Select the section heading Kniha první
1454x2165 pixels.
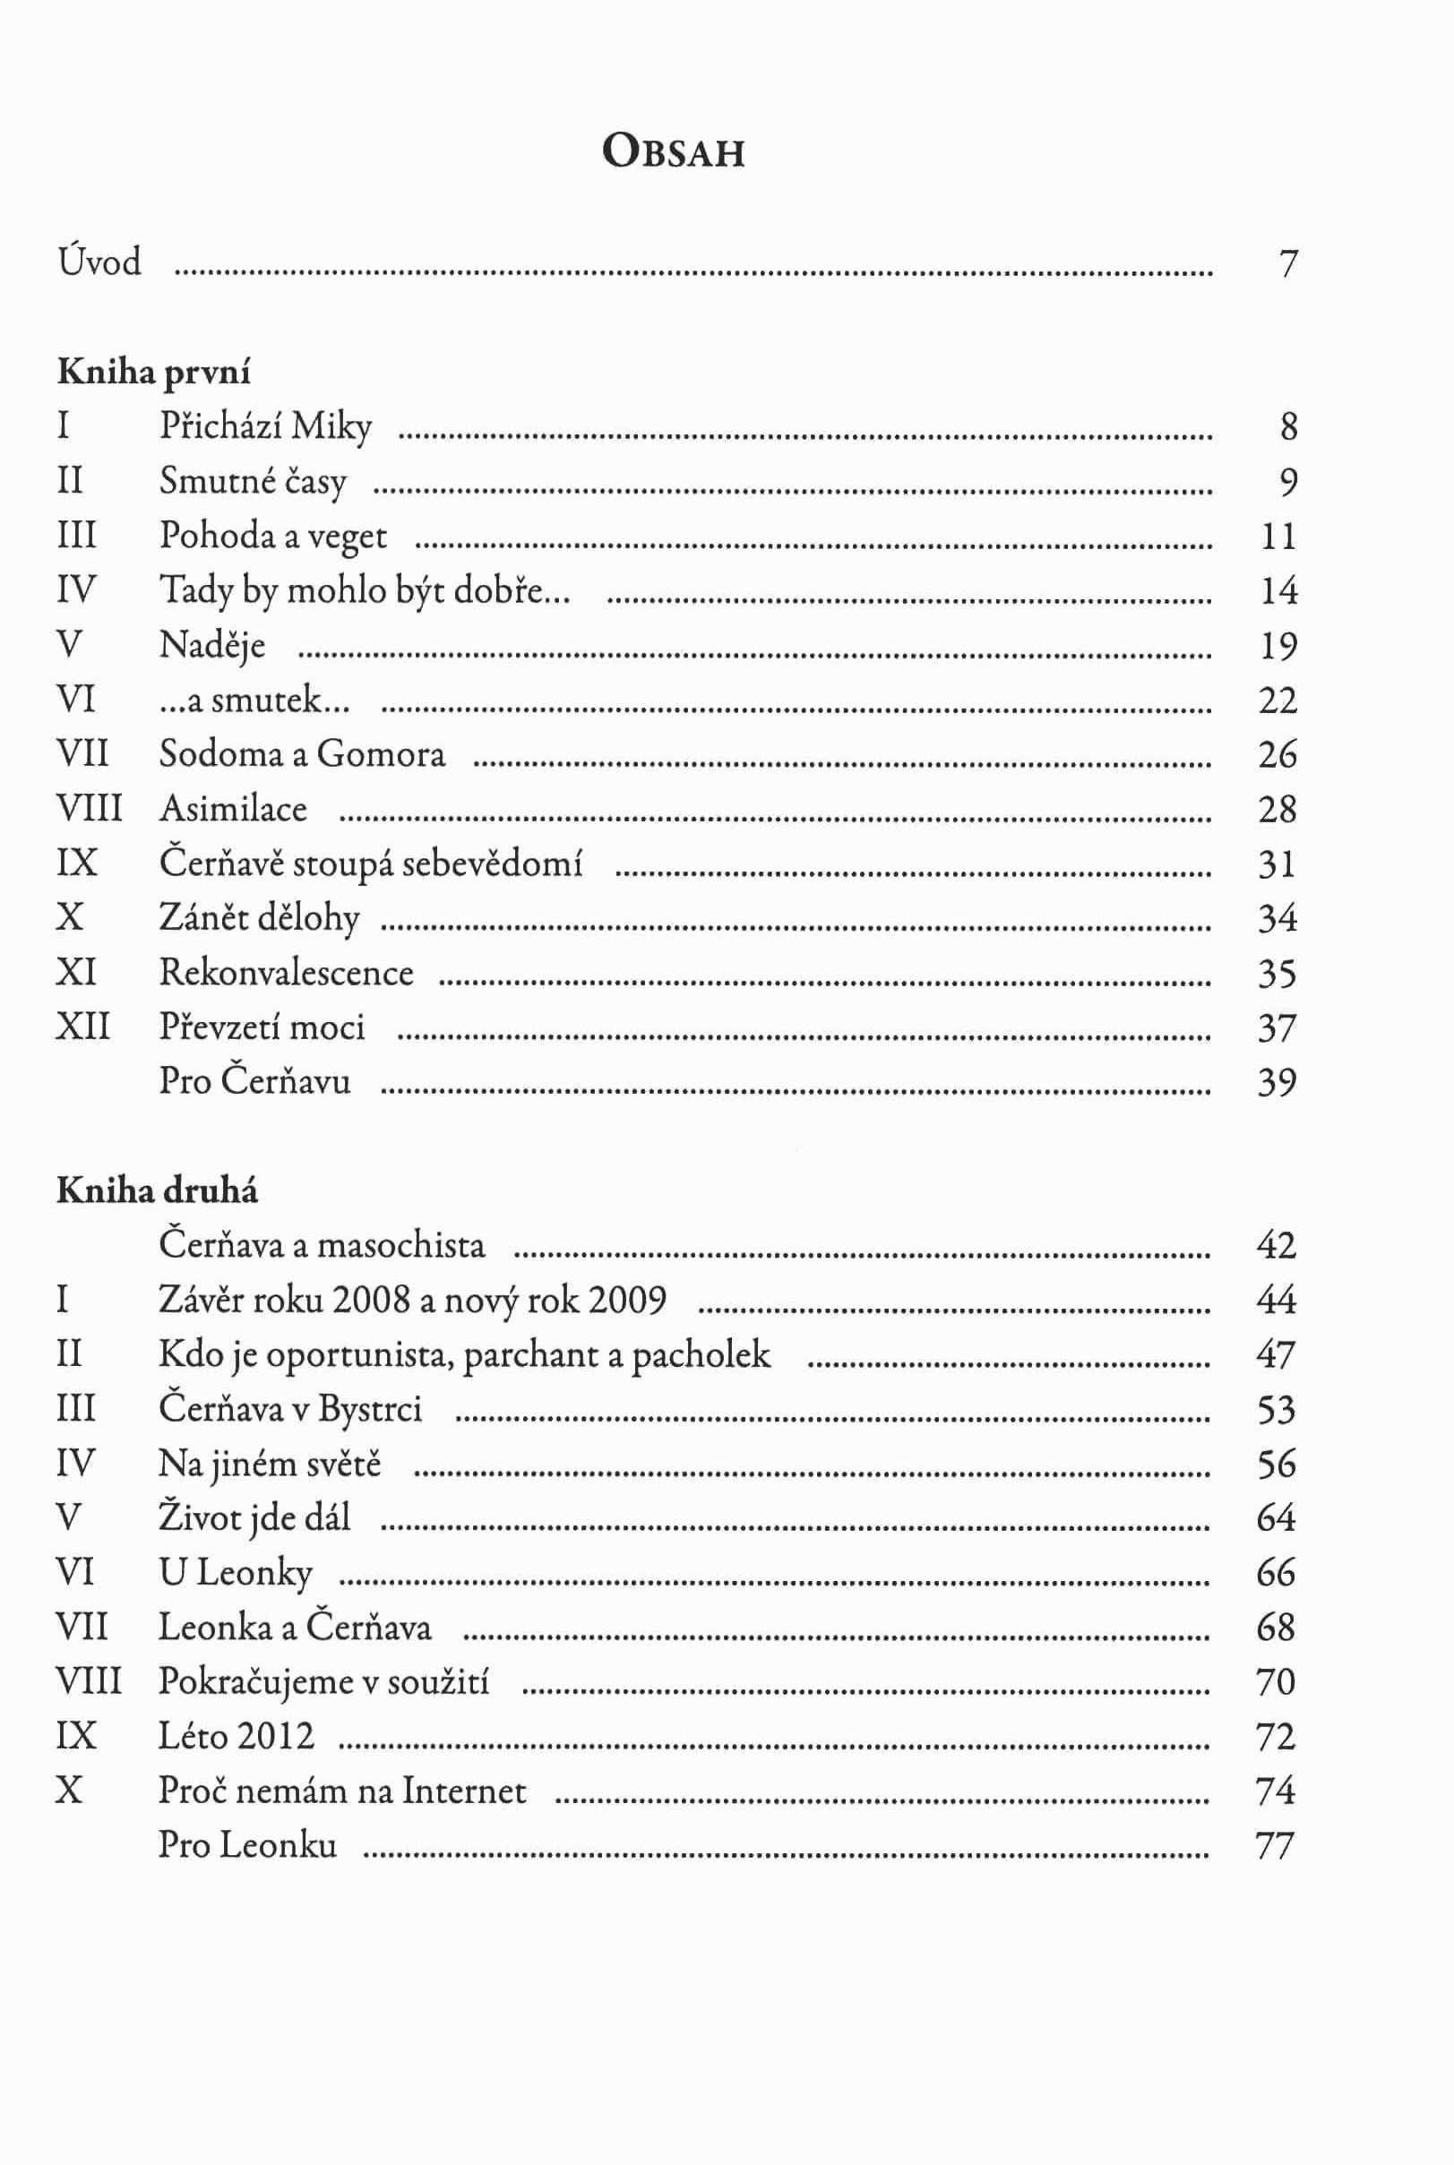(x=154, y=372)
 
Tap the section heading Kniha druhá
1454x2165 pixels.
(x=157, y=1191)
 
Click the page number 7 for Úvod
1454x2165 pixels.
(x=1287, y=264)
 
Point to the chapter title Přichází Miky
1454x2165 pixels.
(x=265, y=426)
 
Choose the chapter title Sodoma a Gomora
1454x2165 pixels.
(x=302, y=755)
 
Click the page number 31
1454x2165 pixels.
(x=1277, y=864)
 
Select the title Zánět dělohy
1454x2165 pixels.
(x=259, y=919)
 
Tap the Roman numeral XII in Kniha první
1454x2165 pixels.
(x=83, y=1027)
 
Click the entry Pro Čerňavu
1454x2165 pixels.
(x=255, y=1082)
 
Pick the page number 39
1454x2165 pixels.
(x=1277, y=1082)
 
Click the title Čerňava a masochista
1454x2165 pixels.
(x=322, y=1245)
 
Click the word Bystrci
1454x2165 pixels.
(x=370, y=1409)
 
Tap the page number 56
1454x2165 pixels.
(x=1276, y=1464)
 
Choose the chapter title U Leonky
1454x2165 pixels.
(x=236, y=1574)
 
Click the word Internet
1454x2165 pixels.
(x=464, y=1791)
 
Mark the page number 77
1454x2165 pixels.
(x=1275, y=1846)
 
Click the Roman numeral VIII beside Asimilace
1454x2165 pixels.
(x=89, y=810)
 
